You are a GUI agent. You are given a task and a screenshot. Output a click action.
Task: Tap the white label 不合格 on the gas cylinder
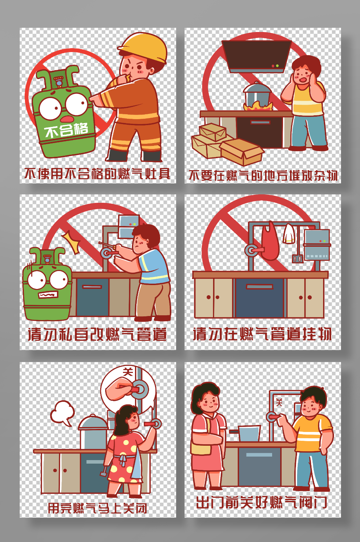pyautogui.click(x=66, y=130)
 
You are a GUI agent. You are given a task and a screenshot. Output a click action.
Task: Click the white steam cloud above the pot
pyautogui.click(x=62, y=413)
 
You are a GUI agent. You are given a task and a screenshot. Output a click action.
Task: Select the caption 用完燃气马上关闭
pyautogui.click(x=97, y=508)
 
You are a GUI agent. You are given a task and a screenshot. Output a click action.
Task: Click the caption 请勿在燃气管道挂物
pyautogui.click(x=262, y=334)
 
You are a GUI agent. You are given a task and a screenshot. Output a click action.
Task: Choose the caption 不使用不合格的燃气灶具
pyautogui.click(x=97, y=174)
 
